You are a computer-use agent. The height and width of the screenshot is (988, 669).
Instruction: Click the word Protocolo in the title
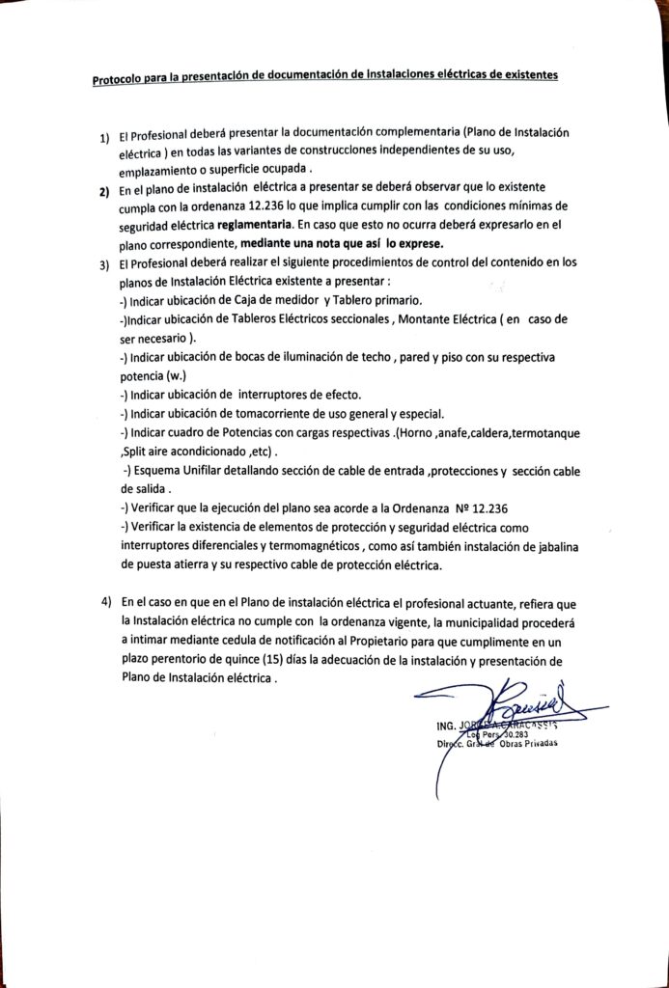point(116,80)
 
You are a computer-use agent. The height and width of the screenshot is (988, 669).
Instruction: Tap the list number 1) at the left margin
point(103,137)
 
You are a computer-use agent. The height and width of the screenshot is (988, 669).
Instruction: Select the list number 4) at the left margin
point(106,601)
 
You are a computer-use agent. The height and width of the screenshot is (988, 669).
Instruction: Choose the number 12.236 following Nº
point(486,508)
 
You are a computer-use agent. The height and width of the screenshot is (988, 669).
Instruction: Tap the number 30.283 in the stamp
point(513,734)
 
